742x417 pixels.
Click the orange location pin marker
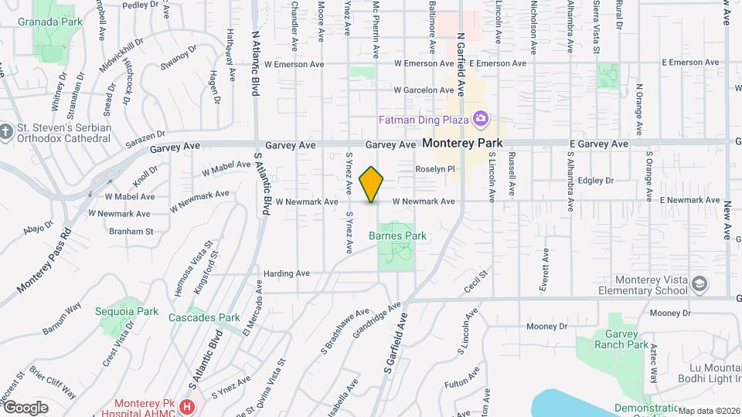click(372, 184)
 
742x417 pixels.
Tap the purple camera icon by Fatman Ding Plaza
click(480, 119)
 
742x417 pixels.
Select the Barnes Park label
click(397, 236)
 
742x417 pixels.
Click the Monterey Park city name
click(463, 143)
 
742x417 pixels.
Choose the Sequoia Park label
click(127, 311)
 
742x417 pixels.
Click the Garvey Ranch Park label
click(622, 339)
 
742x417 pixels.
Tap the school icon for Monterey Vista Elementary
click(699, 283)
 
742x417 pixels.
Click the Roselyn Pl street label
click(437, 168)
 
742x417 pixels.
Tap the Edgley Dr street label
click(595, 181)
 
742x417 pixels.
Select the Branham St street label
click(131, 231)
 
